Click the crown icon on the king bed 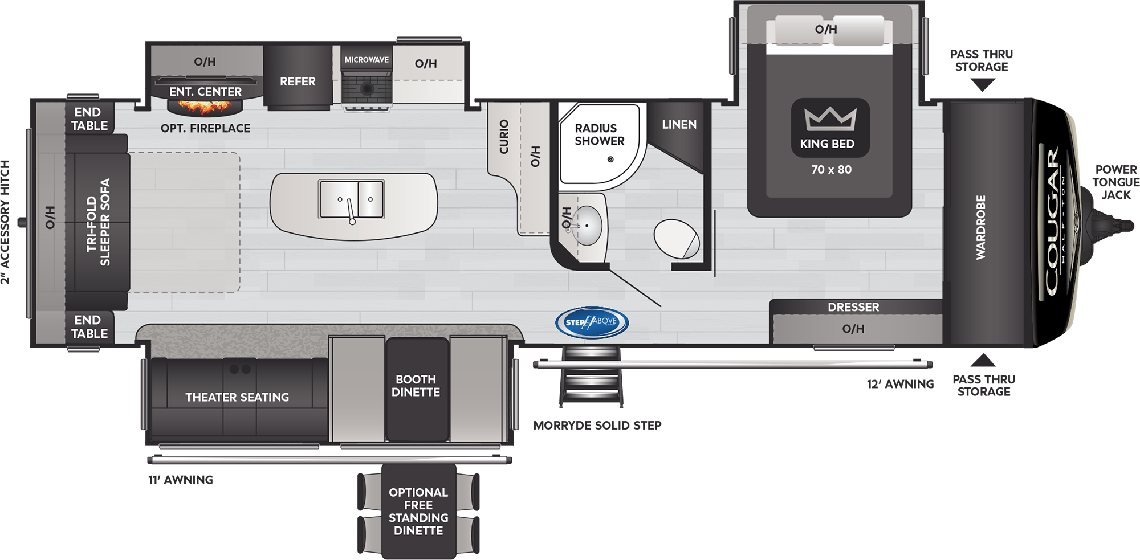(830, 118)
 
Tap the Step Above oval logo (592, 322)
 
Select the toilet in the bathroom (677, 239)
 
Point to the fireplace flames (205, 107)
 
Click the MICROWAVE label (367, 60)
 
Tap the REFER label (298, 81)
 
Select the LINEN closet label (679, 124)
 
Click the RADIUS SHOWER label (599, 134)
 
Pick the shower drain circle (610, 160)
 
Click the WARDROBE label (980, 227)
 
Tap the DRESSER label (853, 307)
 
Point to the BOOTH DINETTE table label (416, 386)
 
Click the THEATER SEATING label (237, 397)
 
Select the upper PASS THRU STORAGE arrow (983, 85)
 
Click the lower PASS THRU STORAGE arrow (983, 360)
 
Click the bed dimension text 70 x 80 (831, 170)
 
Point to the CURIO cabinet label (504, 137)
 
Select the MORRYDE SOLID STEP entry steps (591, 376)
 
